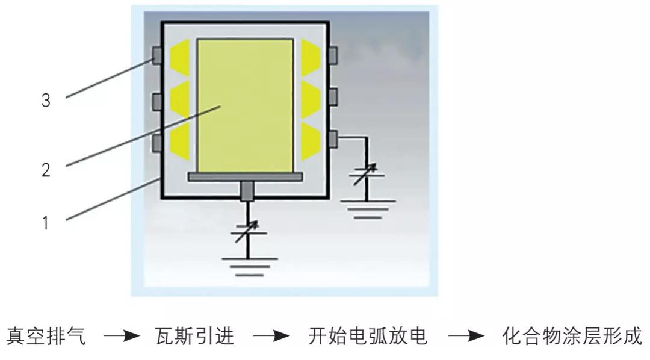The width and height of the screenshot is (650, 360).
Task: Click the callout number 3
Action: (x=46, y=100)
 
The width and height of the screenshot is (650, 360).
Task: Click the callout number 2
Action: (x=46, y=170)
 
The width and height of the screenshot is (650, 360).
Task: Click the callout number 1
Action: (x=46, y=223)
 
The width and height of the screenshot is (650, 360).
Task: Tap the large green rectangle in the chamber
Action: (x=246, y=105)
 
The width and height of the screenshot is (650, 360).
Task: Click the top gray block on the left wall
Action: (x=157, y=56)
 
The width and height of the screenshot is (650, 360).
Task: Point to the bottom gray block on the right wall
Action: (x=333, y=138)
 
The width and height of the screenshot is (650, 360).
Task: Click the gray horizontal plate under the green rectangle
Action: (x=246, y=176)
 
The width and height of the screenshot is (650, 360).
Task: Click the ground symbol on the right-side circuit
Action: (x=366, y=208)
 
